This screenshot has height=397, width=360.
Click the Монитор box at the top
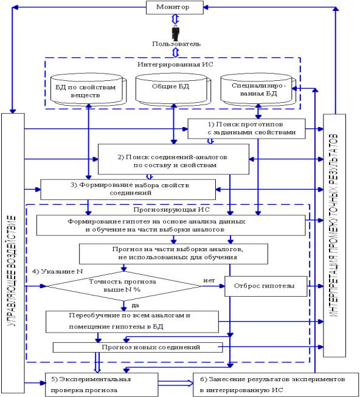click(x=175, y=7)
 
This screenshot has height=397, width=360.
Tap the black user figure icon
click(x=176, y=33)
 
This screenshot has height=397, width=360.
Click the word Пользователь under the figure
click(x=176, y=44)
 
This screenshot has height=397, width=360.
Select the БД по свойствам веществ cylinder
click(x=88, y=89)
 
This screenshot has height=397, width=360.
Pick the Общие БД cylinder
click(x=173, y=89)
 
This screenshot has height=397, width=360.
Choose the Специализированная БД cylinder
click(x=258, y=89)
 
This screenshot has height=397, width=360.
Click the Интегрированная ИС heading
click(x=175, y=64)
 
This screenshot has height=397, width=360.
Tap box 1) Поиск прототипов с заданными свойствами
click(x=246, y=129)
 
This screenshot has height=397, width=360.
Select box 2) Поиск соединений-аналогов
click(x=173, y=159)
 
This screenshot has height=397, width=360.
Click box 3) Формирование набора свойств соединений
click(x=128, y=190)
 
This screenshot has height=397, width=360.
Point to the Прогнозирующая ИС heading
click(x=171, y=210)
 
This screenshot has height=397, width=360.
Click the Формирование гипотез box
click(x=171, y=226)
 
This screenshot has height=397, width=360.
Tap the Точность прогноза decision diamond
click(x=124, y=286)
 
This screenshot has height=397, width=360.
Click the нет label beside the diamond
click(x=209, y=280)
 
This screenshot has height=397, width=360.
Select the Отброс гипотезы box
click(x=266, y=286)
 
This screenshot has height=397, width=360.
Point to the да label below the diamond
click(x=135, y=305)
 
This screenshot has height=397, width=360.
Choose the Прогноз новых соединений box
click(x=137, y=347)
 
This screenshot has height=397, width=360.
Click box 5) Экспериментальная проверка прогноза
click(x=102, y=385)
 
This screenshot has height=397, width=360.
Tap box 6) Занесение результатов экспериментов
click(x=275, y=385)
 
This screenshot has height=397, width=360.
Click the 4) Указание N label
click(x=58, y=271)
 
